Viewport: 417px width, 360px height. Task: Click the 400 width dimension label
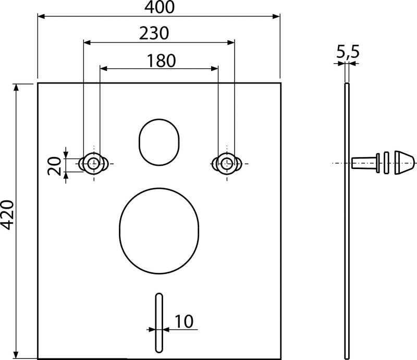(160, 7)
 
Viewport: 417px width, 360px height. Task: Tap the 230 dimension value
(154, 33)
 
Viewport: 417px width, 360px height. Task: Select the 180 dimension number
(161, 61)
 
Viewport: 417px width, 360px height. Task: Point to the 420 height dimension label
(7, 214)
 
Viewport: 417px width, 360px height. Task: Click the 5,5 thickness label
(348, 52)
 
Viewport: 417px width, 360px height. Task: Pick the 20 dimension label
(55, 166)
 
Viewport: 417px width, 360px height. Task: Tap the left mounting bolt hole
(93, 163)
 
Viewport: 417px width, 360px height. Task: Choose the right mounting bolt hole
(227, 163)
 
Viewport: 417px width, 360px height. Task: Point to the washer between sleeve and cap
(386, 163)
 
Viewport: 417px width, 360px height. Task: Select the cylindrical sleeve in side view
(365, 163)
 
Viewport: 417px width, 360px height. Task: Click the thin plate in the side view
(347, 221)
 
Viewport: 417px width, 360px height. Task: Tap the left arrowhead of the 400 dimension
(41, 17)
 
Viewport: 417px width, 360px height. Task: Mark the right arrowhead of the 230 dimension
(231, 42)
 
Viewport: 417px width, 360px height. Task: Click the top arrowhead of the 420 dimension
(17, 87)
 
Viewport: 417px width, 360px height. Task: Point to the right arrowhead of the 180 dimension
(215, 68)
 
